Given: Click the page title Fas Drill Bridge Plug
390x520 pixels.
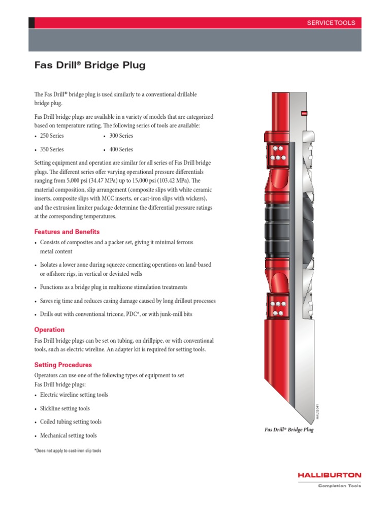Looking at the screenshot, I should [89, 66].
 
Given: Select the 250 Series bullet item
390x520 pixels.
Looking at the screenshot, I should [52, 136].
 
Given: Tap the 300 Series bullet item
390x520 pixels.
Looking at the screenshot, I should [121, 136].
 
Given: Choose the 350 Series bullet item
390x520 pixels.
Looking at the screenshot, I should [52, 149].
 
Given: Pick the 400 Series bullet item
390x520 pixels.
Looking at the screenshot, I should [121, 149].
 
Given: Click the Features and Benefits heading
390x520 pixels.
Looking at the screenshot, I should [67, 232].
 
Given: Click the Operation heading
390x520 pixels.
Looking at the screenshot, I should [49, 330].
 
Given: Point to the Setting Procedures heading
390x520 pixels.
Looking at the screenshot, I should [63, 365].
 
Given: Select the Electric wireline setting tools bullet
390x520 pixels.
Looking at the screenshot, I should [74, 395].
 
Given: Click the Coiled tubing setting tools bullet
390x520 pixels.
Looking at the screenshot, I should [71, 421].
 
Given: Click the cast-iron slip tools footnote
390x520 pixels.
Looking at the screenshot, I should [68, 451].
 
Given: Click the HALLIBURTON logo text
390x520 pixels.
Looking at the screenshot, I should [330, 475].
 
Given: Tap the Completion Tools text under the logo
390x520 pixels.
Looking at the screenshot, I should [339, 486].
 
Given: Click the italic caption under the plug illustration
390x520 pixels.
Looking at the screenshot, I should [288, 430].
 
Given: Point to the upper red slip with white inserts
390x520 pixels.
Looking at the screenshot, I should [277, 154].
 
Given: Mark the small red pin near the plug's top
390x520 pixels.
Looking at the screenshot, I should [304, 113].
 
